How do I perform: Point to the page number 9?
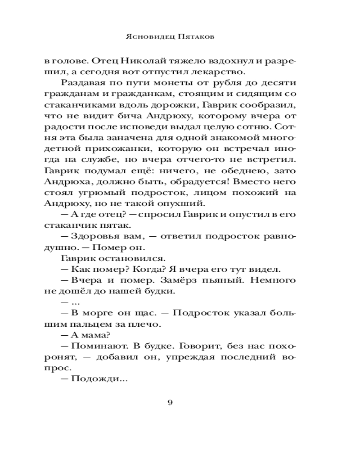point(170,402)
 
